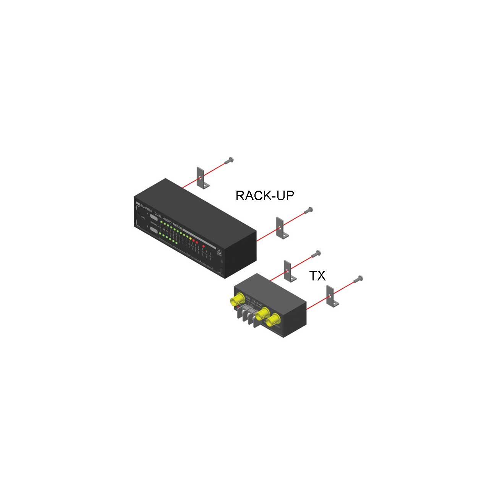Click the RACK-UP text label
click(x=265, y=196)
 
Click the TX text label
click(x=317, y=275)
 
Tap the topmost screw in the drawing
click(x=229, y=161)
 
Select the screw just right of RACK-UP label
click(x=309, y=210)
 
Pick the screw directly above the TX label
click(x=317, y=253)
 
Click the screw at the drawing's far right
click(x=359, y=279)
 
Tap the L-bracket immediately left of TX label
click(x=289, y=271)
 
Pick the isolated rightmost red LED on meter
click(x=204, y=246)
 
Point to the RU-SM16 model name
click(x=146, y=207)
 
